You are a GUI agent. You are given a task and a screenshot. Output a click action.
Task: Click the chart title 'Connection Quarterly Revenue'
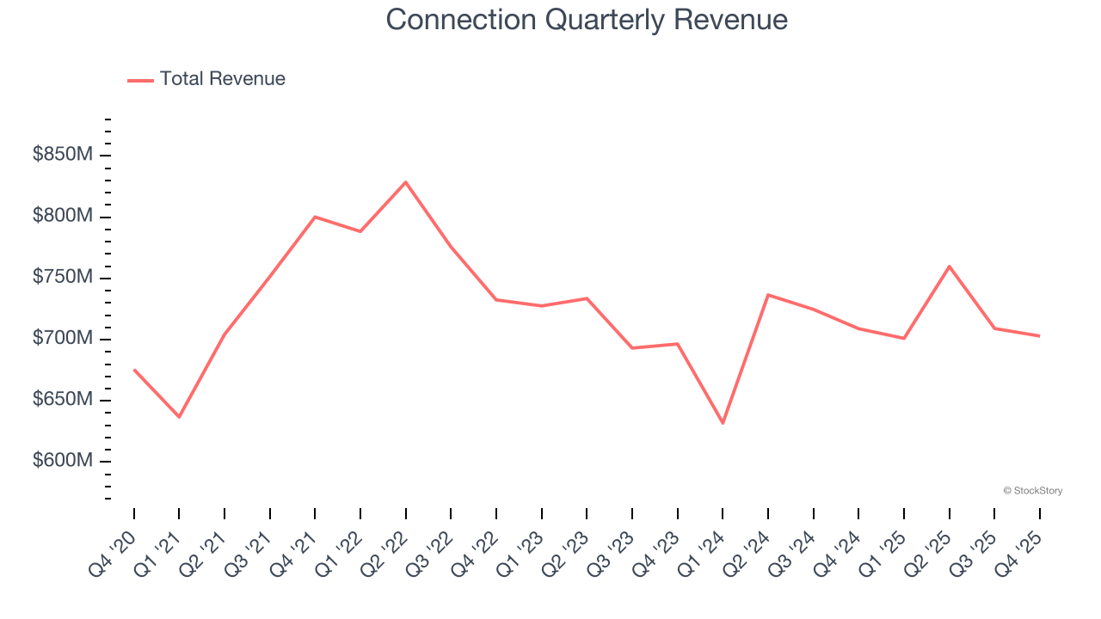[587, 20]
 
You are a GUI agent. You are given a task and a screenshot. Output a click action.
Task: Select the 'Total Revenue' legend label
[222, 79]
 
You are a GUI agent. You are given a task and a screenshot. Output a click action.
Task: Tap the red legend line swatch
[140, 80]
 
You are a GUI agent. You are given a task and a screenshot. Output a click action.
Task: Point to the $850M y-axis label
[62, 156]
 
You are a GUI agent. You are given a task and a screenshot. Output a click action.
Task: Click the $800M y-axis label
[62, 217]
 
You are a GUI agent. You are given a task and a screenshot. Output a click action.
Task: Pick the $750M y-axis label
[62, 278]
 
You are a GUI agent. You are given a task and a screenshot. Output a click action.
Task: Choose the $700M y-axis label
[62, 339]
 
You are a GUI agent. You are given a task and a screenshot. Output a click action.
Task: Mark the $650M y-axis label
[62, 400]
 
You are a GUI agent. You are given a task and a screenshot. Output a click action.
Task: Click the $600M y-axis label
[62, 461]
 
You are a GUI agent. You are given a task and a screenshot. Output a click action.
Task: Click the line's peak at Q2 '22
[405, 181]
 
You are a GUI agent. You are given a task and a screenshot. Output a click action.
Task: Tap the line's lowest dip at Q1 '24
[723, 423]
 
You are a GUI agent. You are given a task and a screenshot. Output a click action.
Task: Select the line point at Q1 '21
[179, 417]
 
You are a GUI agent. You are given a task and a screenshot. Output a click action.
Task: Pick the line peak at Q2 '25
[949, 266]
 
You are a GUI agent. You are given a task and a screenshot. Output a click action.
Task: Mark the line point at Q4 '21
[315, 217]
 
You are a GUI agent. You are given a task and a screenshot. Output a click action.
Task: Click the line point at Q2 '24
[767, 295]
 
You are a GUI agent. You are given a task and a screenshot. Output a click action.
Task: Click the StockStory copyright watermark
[1032, 491]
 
